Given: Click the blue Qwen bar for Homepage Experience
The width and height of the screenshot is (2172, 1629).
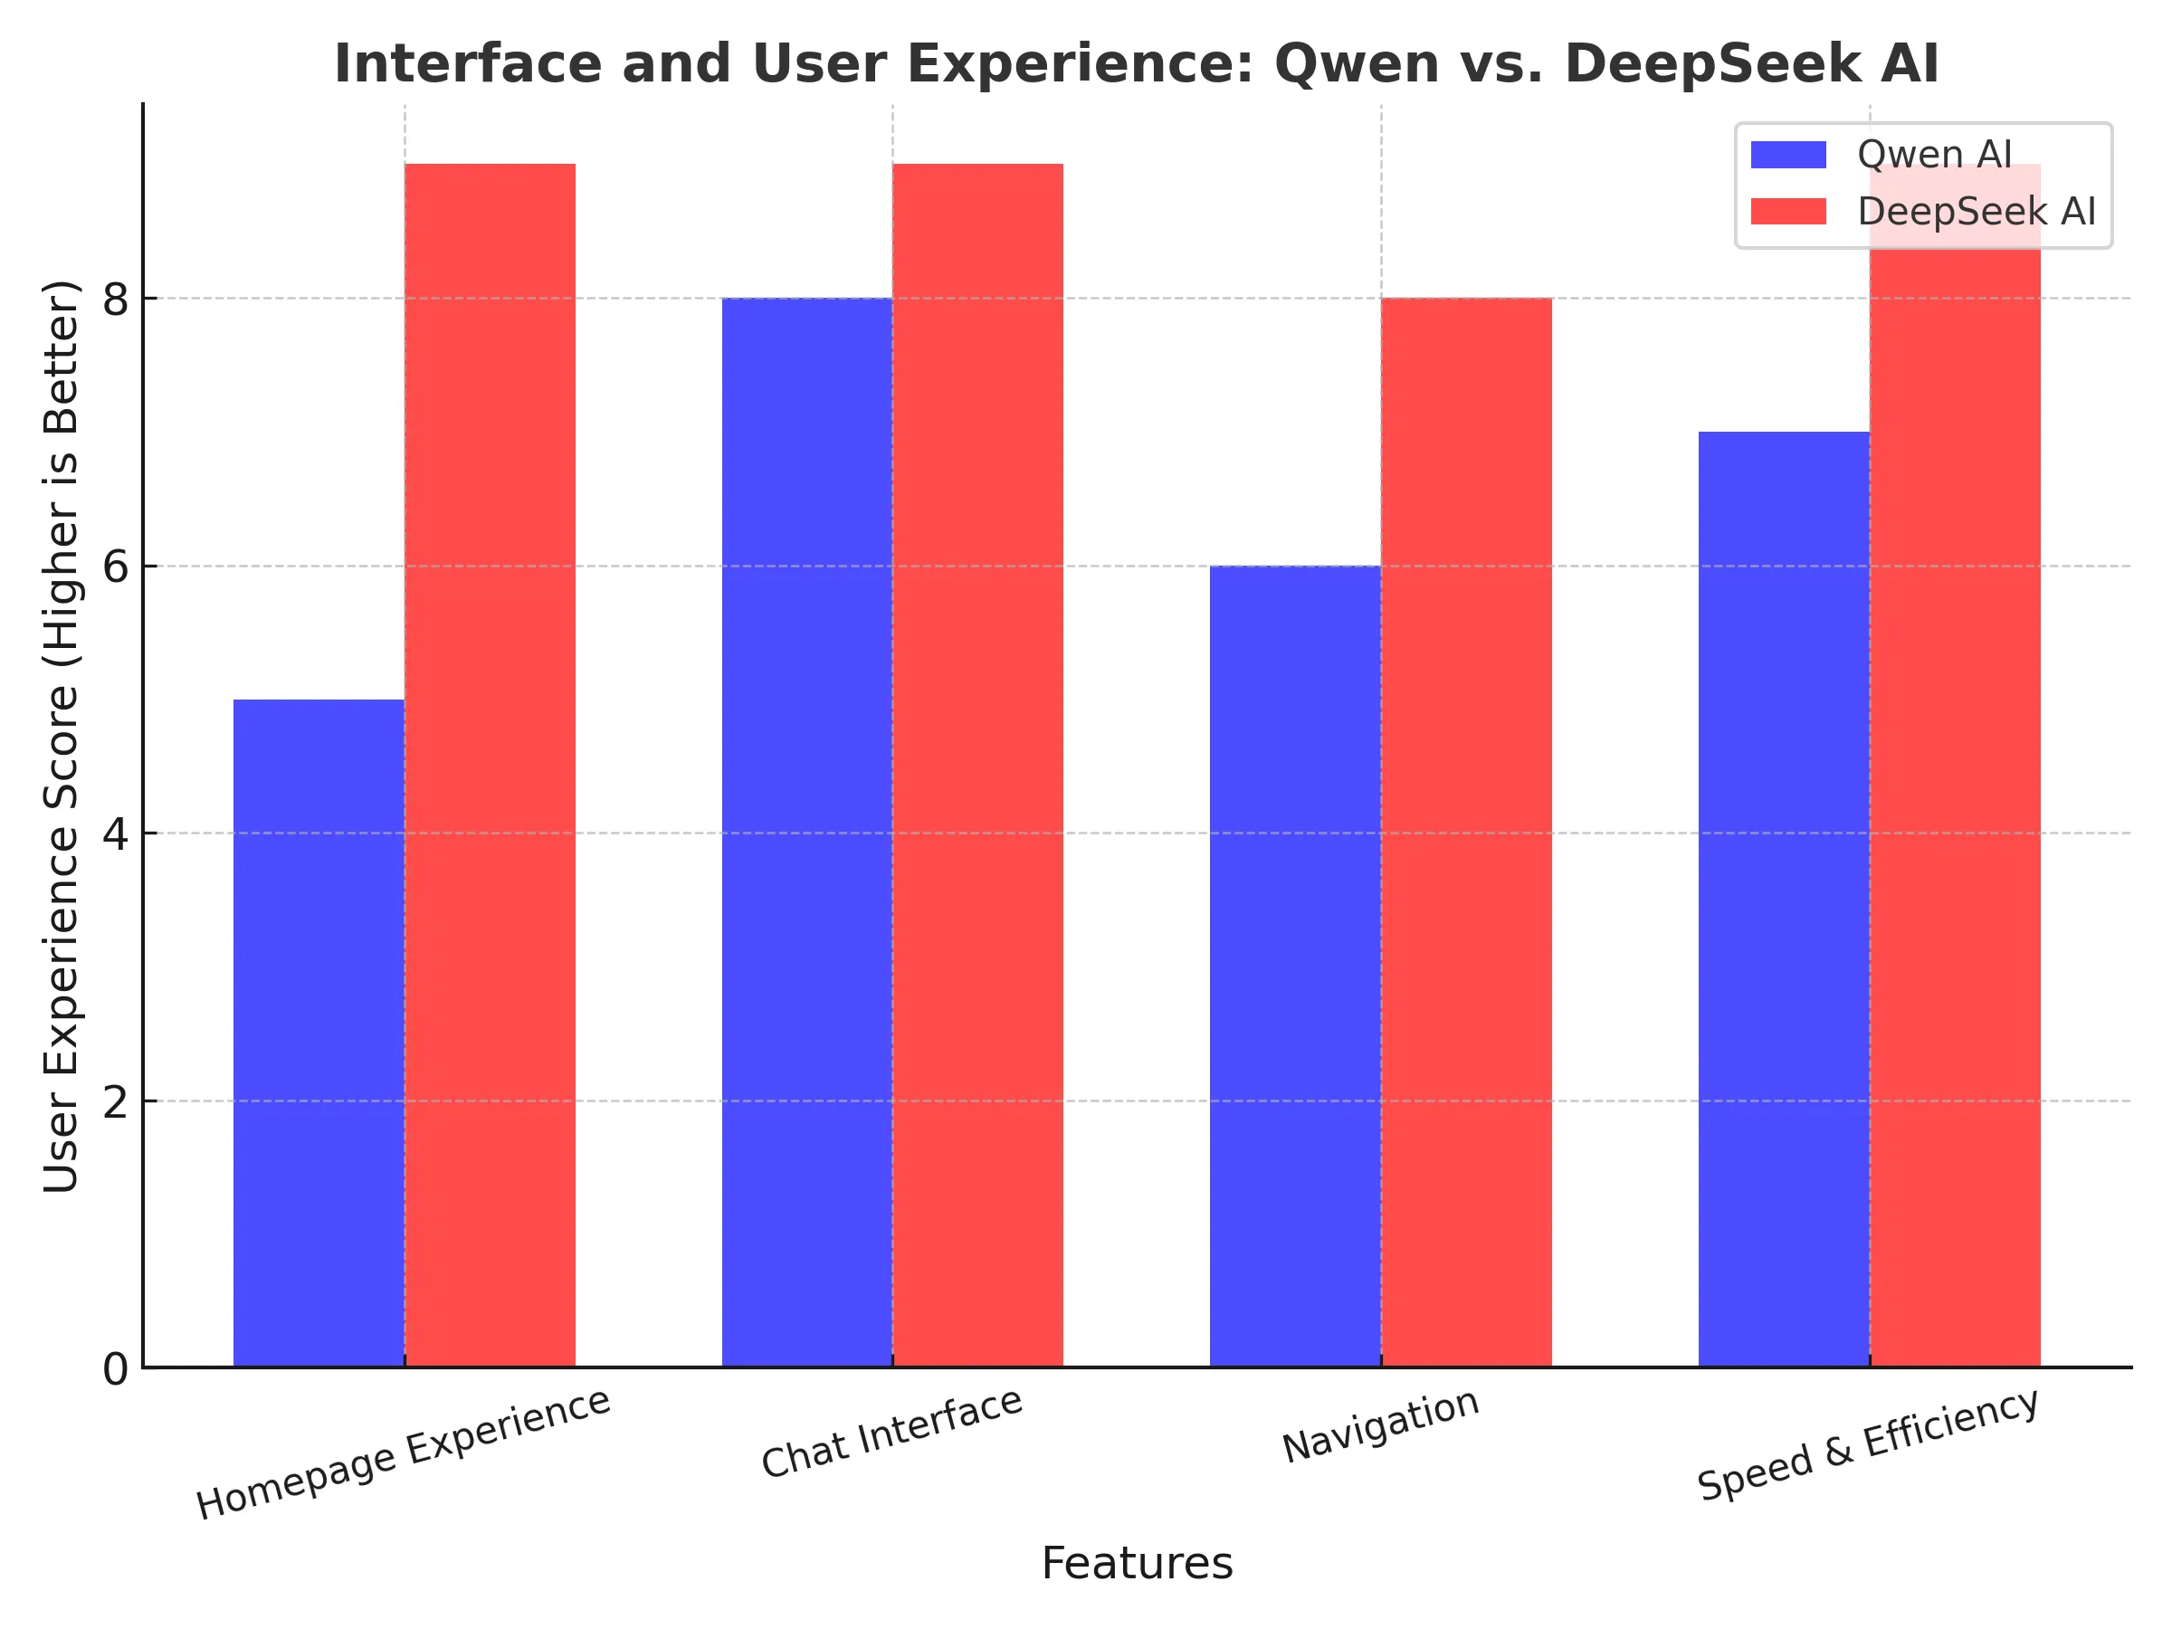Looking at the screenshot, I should point(319,1031).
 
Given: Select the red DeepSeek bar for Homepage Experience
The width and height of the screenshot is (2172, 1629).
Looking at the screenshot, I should point(489,766).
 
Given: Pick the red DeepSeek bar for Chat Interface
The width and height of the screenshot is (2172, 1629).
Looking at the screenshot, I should point(977,766).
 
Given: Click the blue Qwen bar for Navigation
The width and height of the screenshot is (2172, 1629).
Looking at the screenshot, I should point(1294,967).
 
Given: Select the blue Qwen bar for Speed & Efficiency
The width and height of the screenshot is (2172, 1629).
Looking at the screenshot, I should point(1783,900).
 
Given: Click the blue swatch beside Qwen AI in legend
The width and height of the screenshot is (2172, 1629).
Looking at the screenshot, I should point(1788,155).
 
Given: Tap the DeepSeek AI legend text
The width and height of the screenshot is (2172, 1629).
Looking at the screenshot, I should point(1976,212).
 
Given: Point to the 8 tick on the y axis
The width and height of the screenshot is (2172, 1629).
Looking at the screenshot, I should point(116,299).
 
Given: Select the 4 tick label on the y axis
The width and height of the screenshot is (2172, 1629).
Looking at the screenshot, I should point(116,834).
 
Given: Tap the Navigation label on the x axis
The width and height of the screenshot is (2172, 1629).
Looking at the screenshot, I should point(1379,1425).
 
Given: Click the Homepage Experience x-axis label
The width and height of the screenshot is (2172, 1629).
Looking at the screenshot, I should point(404,1454).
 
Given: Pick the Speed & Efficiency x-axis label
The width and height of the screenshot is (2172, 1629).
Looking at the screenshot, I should point(1868,1445).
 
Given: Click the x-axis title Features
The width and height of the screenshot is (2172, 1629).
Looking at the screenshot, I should point(1136,1563).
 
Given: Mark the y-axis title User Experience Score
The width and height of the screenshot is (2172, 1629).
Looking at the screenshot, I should point(61,737).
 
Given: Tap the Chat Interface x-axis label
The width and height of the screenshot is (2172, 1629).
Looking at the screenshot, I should point(891,1434).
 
